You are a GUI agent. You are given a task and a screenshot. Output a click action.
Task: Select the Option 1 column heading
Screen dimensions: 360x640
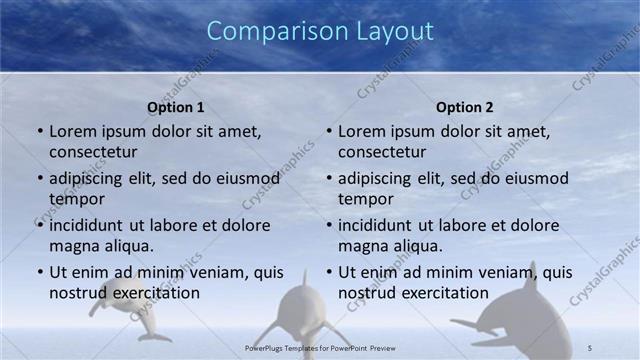coord(176,107)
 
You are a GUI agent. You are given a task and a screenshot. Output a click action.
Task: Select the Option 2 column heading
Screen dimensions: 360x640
coord(465,107)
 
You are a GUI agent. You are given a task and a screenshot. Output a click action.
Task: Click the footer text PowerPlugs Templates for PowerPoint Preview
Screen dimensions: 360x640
coord(319,347)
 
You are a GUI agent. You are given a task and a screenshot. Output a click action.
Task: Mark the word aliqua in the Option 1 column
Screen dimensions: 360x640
coord(128,246)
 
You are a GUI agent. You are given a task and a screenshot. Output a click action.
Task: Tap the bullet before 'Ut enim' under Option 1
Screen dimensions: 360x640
coord(40,272)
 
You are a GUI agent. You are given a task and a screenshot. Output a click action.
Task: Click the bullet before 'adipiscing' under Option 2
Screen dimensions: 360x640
coord(329,178)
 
